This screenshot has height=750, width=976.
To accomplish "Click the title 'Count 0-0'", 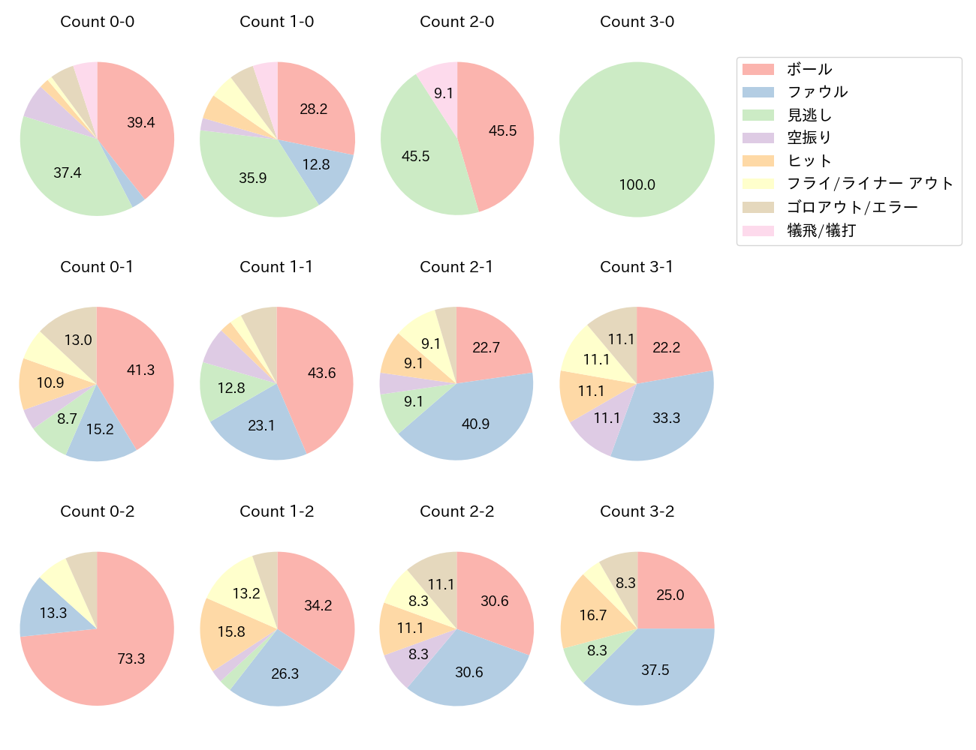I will (97, 22).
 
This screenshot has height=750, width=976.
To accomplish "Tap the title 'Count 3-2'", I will (637, 511).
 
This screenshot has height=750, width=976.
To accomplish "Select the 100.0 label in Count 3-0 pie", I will (637, 184).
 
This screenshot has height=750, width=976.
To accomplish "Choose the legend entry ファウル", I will (817, 92).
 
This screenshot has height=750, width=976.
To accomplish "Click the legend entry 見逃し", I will (809, 115).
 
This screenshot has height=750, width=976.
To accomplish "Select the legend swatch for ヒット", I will (758, 161).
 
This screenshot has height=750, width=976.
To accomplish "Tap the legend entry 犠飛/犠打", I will (821, 230).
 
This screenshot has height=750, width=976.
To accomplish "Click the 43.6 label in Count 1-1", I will (321, 373).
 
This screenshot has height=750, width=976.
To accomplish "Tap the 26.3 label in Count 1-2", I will (285, 673).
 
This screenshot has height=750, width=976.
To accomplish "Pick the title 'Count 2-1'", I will (456, 267).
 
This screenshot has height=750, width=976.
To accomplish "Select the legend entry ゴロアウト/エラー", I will (852, 207).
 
